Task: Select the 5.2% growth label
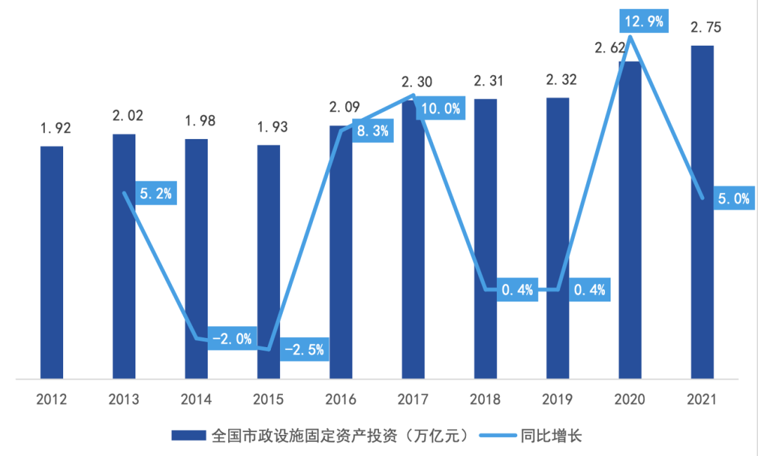[x=156, y=194]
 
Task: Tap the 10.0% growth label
[x=441, y=108]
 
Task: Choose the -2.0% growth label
[x=232, y=339]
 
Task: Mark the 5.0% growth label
[x=733, y=199]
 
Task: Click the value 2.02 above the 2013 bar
[x=127, y=115]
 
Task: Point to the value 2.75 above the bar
[x=706, y=27]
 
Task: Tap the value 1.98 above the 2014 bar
[x=199, y=120]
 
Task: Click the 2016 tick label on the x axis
[x=341, y=399]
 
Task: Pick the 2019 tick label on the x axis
[x=558, y=399]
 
